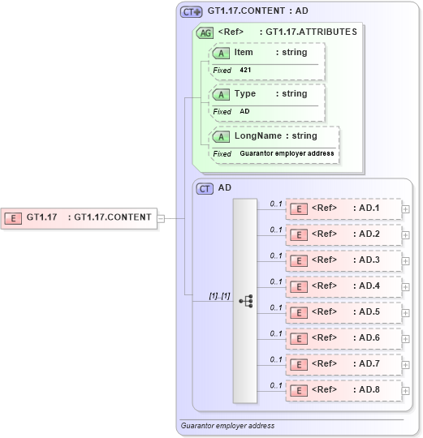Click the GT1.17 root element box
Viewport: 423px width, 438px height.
[x=79, y=217]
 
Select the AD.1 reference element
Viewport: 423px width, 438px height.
[x=343, y=208]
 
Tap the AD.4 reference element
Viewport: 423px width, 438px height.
[x=343, y=286]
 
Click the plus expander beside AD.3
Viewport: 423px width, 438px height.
[x=405, y=260]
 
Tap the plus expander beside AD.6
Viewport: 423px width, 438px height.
[x=405, y=337]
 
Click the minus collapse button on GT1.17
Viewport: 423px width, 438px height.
[x=161, y=217]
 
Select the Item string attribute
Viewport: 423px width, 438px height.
[x=267, y=53]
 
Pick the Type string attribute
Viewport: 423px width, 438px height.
[x=267, y=94]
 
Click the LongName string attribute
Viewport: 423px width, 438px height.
[x=274, y=136]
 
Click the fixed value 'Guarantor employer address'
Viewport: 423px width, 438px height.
[x=287, y=153]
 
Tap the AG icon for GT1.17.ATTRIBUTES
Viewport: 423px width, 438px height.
[x=205, y=32]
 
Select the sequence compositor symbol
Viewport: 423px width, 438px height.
[x=245, y=301]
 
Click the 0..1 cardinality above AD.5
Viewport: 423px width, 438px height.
[x=276, y=307]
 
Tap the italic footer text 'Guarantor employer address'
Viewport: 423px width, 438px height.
[x=227, y=426]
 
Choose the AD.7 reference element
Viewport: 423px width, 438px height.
[x=343, y=363]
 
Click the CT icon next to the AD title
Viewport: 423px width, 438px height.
[x=205, y=188]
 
